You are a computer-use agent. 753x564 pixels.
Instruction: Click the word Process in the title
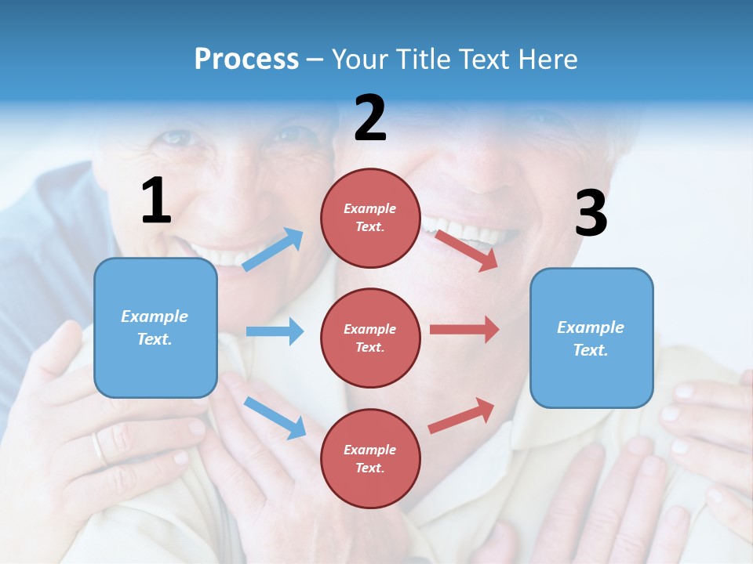(x=246, y=60)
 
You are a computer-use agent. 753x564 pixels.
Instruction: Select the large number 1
(x=156, y=201)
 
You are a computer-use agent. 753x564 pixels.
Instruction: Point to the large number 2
(x=370, y=118)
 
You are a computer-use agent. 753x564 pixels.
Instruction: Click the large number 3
(x=591, y=213)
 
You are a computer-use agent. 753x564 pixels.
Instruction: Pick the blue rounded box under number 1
(x=155, y=327)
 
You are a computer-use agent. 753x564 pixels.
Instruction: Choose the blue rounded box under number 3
(x=591, y=338)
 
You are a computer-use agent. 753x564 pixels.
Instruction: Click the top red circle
(x=370, y=218)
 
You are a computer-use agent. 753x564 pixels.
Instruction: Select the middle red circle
(x=370, y=338)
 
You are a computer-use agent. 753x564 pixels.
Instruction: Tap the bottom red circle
(x=370, y=458)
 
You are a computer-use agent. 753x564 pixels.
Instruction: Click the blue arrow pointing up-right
(x=273, y=249)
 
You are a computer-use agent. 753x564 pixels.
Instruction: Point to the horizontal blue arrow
(x=275, y=331)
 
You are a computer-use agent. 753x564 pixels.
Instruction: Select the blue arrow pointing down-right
(x=275, y=418)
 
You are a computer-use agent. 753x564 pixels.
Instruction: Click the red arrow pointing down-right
(x=466, y=250)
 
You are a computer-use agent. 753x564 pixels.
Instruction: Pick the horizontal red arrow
(x=464, y=329)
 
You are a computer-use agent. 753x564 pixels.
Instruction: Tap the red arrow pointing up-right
(x=461, y=415)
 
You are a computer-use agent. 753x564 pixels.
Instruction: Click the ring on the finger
(x=97, y=447)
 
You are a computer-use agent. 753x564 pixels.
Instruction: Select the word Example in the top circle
(x=370, y=208)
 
